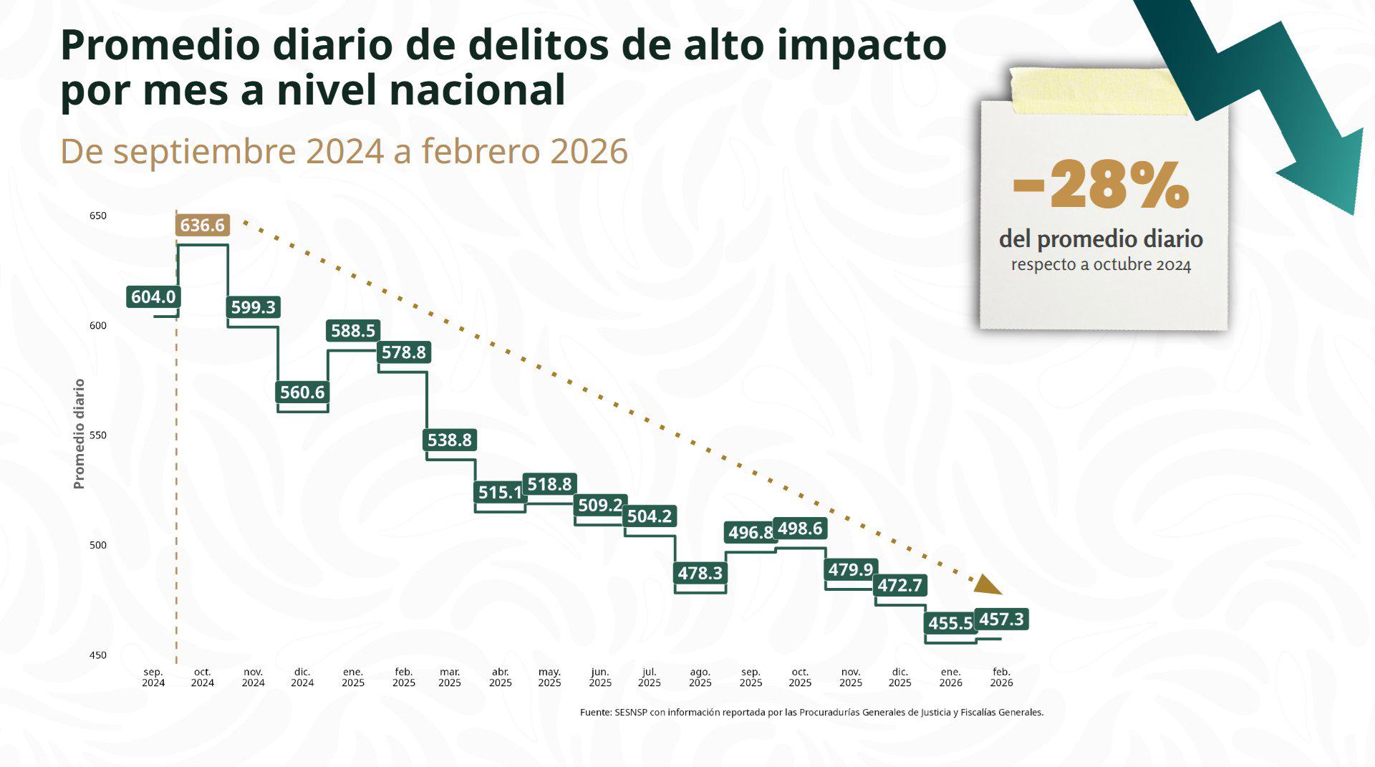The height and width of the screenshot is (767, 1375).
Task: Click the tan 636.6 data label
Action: (x=202, y=225)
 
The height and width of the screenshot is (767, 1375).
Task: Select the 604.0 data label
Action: (x=153, y=296)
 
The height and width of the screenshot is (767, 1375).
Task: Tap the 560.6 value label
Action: (x=302, y=392)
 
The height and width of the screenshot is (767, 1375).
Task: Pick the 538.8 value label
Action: (x=450, y=440)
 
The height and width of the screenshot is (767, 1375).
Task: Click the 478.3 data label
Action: (x=700, y=573)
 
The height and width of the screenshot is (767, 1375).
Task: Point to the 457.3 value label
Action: (x=1001, y=619)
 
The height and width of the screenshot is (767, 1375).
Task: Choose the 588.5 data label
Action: (x=353, y=330)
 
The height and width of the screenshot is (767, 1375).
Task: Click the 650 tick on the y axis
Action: (x=98, y=216)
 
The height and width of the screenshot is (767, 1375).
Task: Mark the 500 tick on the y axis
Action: (x=98, y=545)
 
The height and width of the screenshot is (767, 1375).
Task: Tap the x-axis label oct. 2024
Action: (x=203, y=677)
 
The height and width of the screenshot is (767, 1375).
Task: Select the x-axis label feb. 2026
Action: (x=1001, y=677)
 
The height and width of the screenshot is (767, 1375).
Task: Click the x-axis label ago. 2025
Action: (x=700, y=677)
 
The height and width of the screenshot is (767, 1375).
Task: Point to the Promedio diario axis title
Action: (x=79, y=434)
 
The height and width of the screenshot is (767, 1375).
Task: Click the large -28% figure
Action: (x=1101, y=185)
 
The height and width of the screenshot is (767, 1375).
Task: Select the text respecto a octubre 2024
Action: (x=1101, y=265)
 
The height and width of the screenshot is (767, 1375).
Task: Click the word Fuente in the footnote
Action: (x=594, y=713)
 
